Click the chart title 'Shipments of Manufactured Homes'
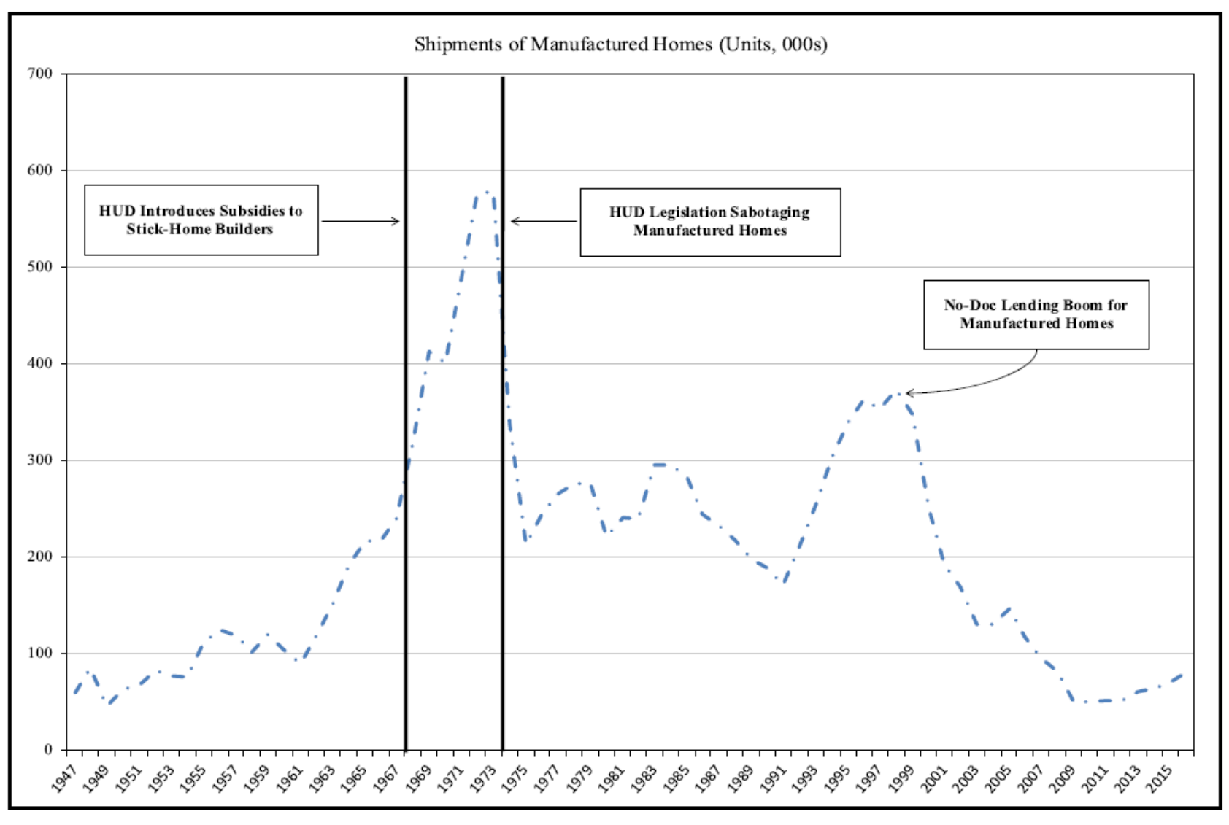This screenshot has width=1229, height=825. tap(620, 44)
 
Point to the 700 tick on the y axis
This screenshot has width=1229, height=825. tap(41, 74)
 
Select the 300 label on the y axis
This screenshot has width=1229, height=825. tap(41, 460)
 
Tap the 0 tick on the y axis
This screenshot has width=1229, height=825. tap(49, 750)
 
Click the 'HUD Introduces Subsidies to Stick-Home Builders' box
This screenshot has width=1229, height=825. tap(201, 220)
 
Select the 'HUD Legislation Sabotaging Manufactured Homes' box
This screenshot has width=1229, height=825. tap(709, 222)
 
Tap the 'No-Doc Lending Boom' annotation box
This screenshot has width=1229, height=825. tap(1036, 314)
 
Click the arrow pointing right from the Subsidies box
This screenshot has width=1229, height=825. tap(361, 221)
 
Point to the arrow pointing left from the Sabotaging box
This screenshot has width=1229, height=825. tap(544, 221)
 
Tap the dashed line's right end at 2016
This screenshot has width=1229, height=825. tap(1182, 675)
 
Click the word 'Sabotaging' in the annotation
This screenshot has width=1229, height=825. tap(773, 212)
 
